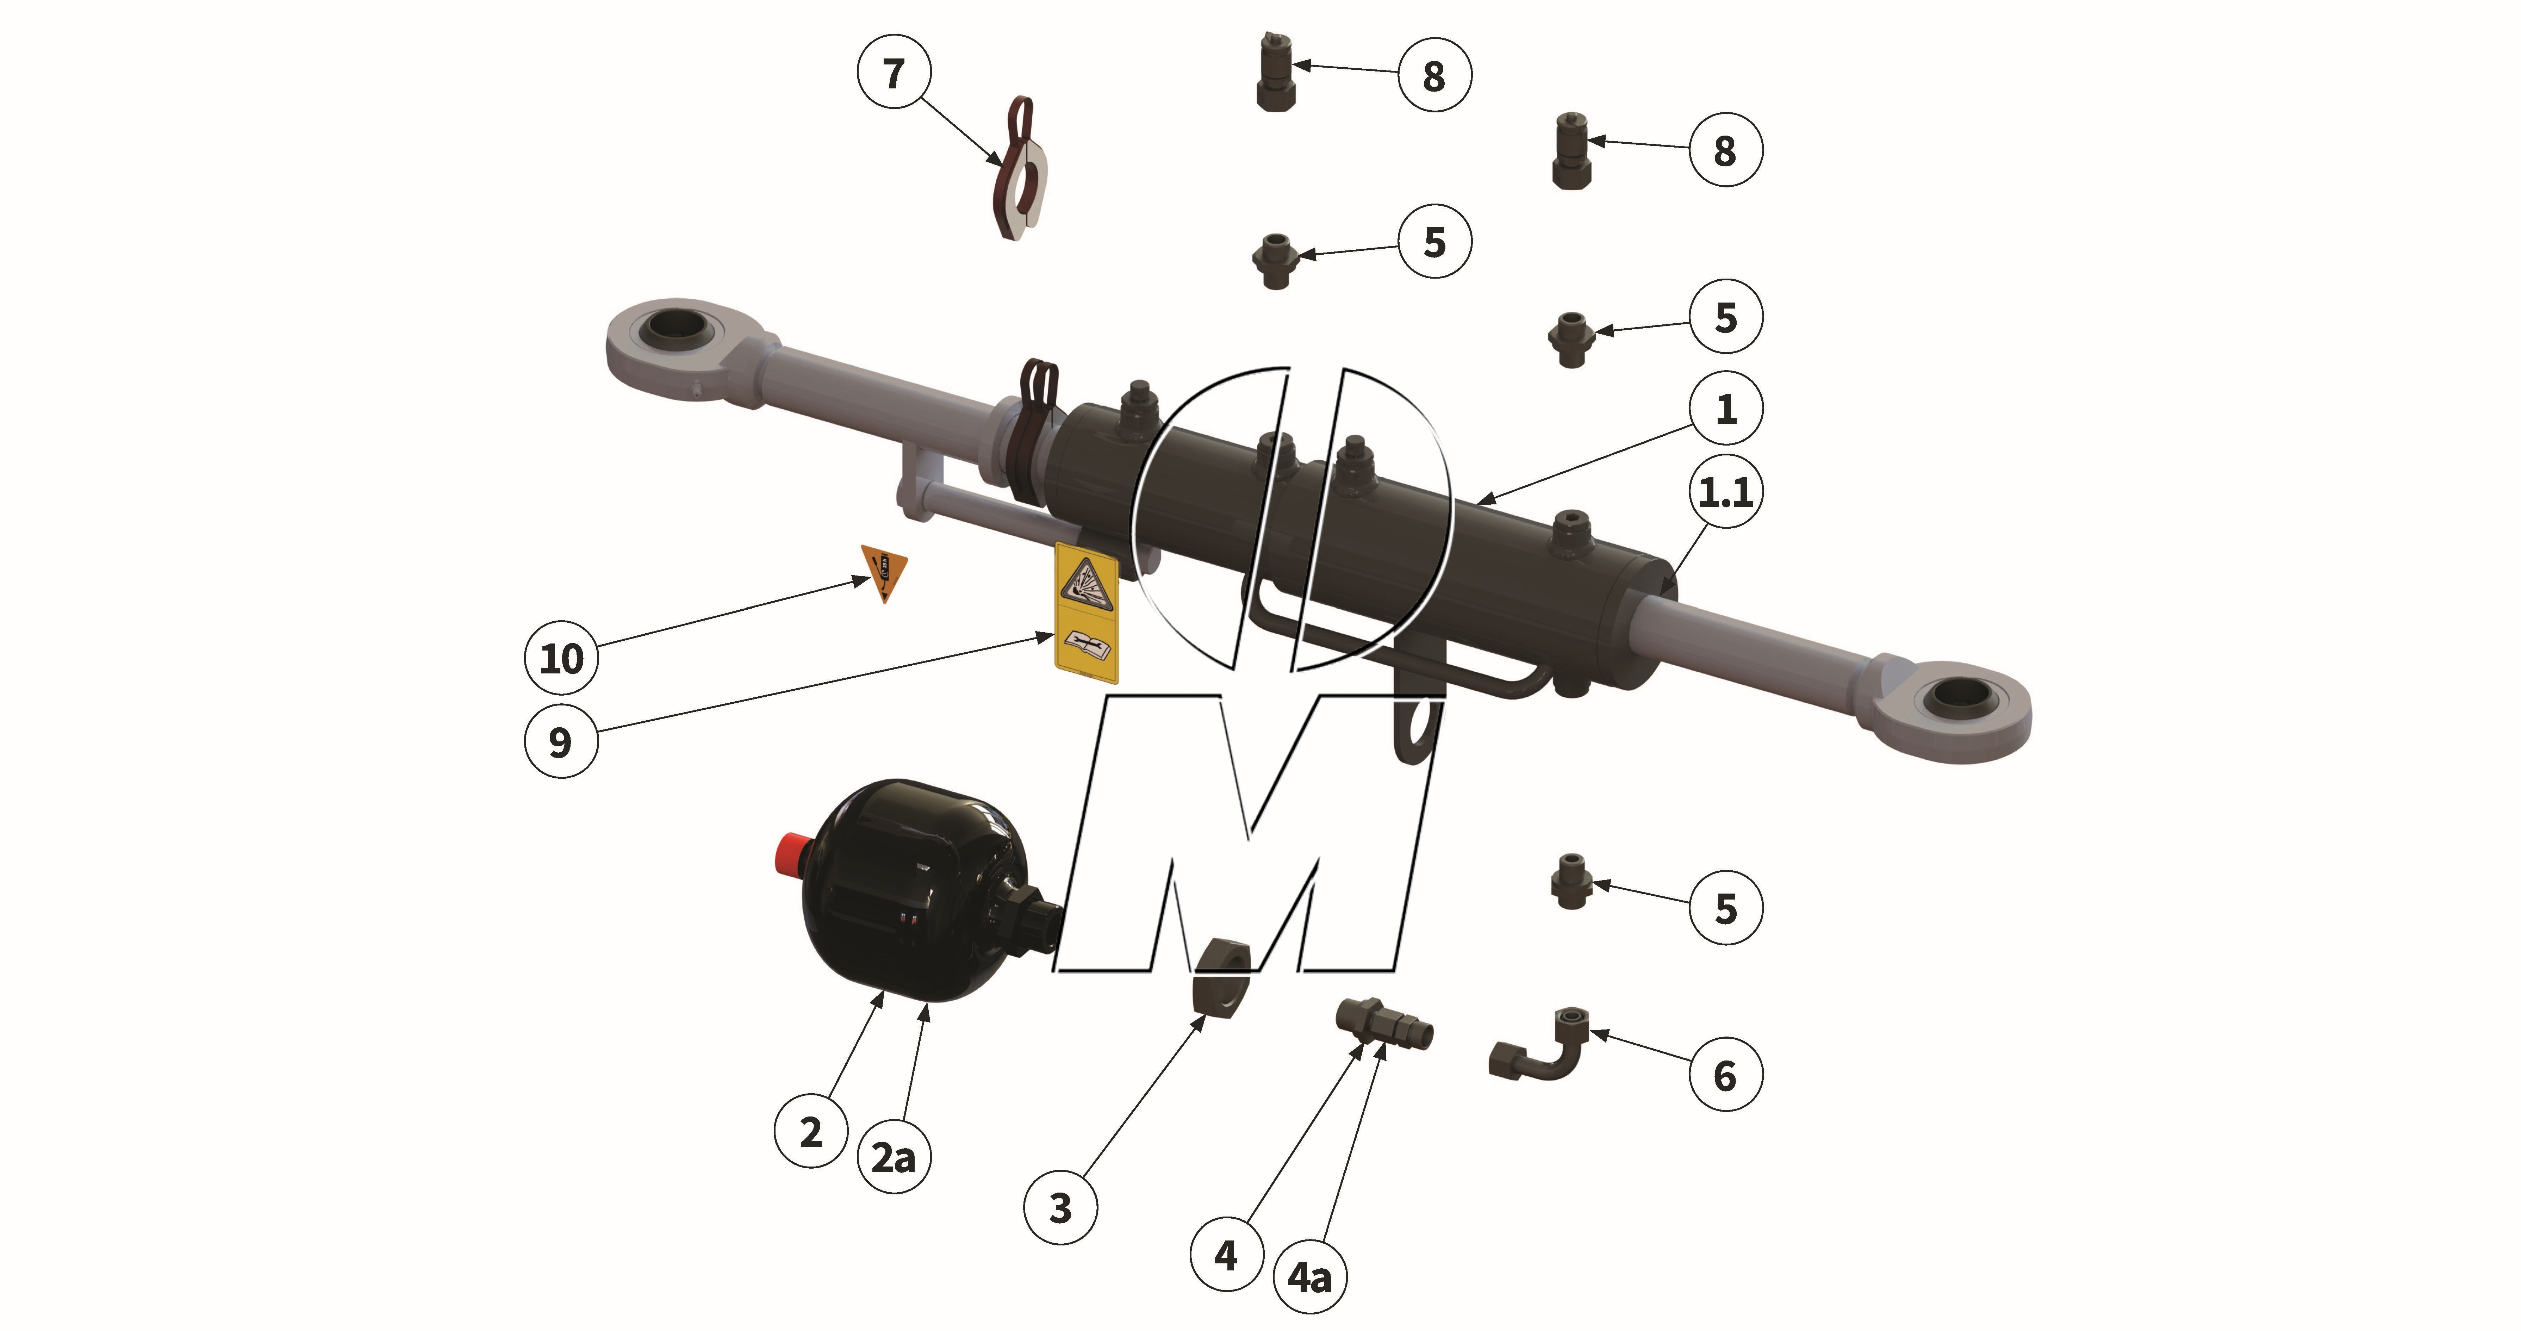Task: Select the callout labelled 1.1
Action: coord(1725,491)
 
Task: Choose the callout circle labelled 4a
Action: coord(1309,1276)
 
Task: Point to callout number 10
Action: coord(562,658)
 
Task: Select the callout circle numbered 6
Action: coord(1725,1075)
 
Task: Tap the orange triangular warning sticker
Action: coord(884,570)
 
